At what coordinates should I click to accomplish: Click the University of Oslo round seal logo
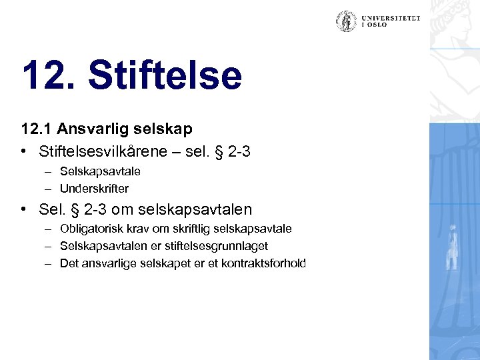coord(345,22)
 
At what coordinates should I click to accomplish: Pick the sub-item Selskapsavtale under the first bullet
coord(100,171)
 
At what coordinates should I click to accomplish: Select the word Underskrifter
coord(95,188)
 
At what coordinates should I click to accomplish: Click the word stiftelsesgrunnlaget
coord(231,246)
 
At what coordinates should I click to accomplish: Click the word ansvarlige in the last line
coord(106,263)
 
